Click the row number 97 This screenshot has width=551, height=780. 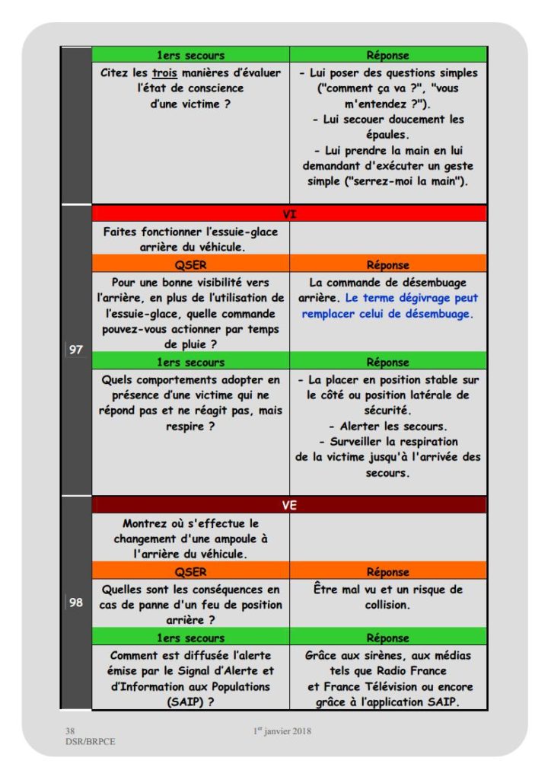click(76, 350)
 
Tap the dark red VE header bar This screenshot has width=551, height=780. click(289, 504)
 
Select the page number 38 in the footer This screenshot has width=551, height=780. click(70, 730)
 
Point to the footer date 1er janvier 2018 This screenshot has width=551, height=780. click(282, 731)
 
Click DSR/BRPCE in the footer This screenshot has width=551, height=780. click(91, 741)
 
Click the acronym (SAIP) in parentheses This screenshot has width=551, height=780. click(190, 702)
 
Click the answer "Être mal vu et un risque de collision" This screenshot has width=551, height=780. click(388, 597)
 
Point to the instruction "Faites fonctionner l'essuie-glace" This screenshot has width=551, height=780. click(190, 232)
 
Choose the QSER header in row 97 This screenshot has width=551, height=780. click(190, 265)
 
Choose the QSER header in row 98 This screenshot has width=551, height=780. click(190, 572)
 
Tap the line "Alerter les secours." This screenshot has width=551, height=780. click(388, 427)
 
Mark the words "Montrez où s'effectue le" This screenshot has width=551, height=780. click(190, 523)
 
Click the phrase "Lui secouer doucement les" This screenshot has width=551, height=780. click(388, 120)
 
